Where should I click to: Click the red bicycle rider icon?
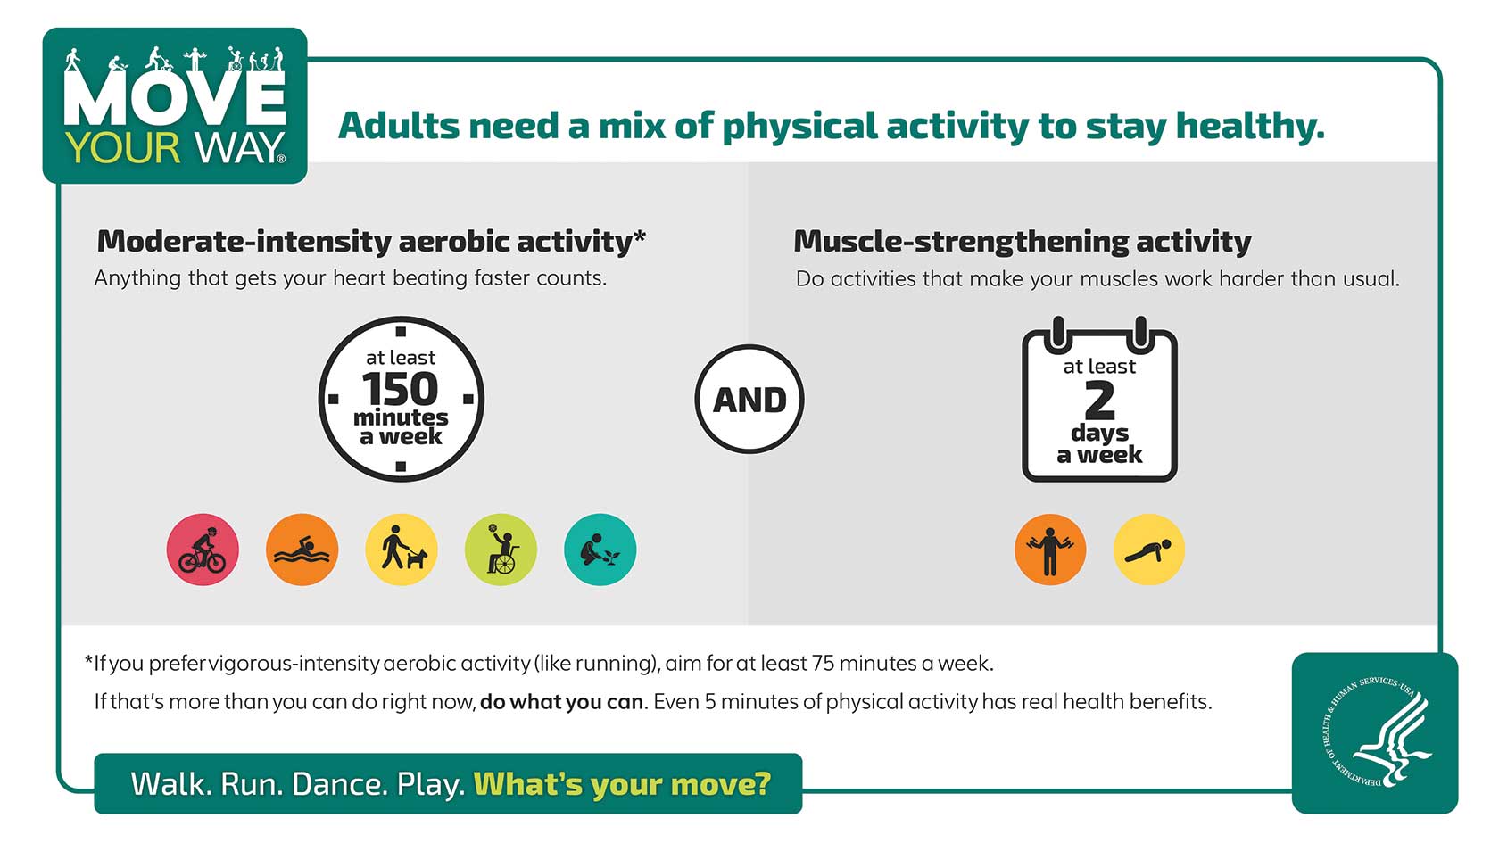pos(203,550)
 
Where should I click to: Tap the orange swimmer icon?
pos(302,550)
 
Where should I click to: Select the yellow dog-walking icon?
pos(402,550)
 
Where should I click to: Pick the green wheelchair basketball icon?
pos(501,550)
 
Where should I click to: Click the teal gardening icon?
pos(600,550)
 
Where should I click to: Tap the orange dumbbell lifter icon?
pos(1050,550)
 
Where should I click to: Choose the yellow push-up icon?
pos(1149,550)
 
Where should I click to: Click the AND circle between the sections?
pos(749,400)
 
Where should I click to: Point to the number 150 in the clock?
pos(400,389)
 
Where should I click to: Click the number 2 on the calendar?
pos(1099,401)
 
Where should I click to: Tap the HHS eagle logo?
pos(1374,732)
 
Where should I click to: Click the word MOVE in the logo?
pos(175,98)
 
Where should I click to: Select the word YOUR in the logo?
pos(123,148)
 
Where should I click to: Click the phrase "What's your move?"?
pos(623,784)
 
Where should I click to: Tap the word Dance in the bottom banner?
pos(340,784)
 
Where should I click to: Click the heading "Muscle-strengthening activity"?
pos(1022,242)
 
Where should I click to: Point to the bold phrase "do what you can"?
pos(562,702)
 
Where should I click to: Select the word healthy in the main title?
pos(1250,127)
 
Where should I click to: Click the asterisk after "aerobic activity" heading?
pos(640,236)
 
